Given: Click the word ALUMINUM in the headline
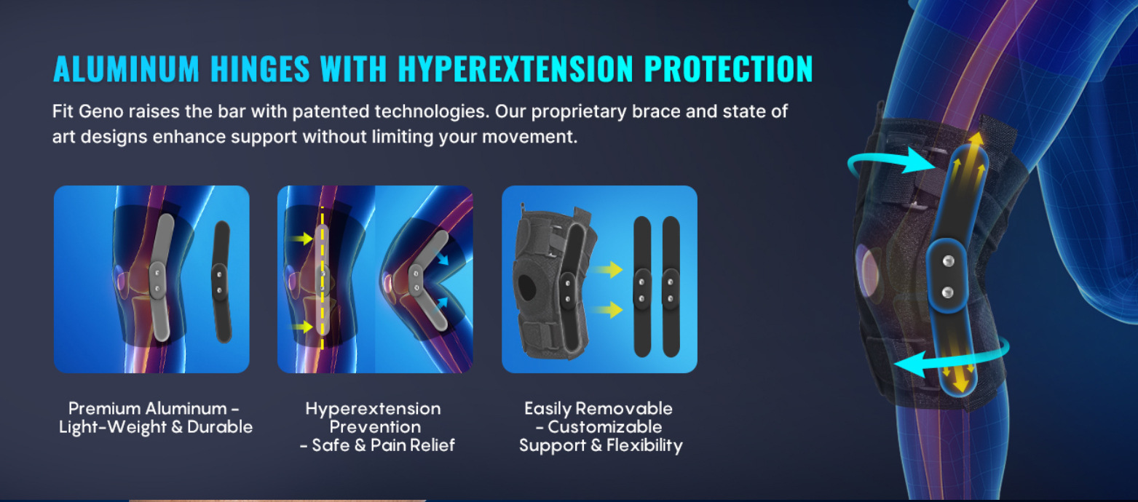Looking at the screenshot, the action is pos(126,68).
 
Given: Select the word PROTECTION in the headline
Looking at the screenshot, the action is pos(729,68).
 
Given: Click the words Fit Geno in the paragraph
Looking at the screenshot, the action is pos(87,111).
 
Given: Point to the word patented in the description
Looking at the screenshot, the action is pos(331,111).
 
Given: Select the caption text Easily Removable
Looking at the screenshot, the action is pos(598,409).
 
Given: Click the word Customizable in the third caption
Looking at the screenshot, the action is pos(604,427).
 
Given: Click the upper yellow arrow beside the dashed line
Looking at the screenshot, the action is pos(300,238).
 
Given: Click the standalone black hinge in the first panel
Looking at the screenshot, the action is pos(221,282).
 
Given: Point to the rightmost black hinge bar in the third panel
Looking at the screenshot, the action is pos(671,287).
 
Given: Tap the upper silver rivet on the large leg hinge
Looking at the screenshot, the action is pos(948,261).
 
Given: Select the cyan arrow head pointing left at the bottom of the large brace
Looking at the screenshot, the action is pos(909,364).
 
